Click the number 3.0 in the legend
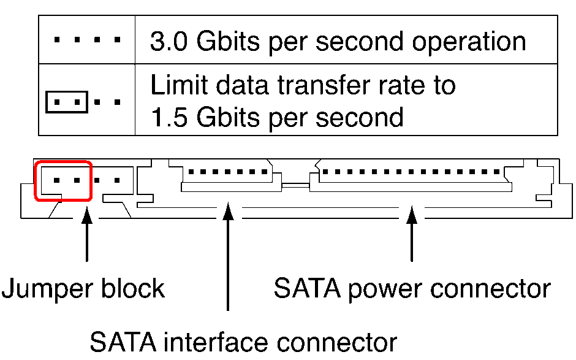(165, 42)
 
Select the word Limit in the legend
(176, 85)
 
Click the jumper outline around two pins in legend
(67, 102)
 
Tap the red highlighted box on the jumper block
(63, 180)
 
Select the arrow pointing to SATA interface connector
(228, 258)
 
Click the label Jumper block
(83, 288)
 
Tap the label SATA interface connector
(243, 342)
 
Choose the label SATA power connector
(412, 288)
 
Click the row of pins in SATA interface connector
(227, 172)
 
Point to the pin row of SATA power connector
(411, 172)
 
